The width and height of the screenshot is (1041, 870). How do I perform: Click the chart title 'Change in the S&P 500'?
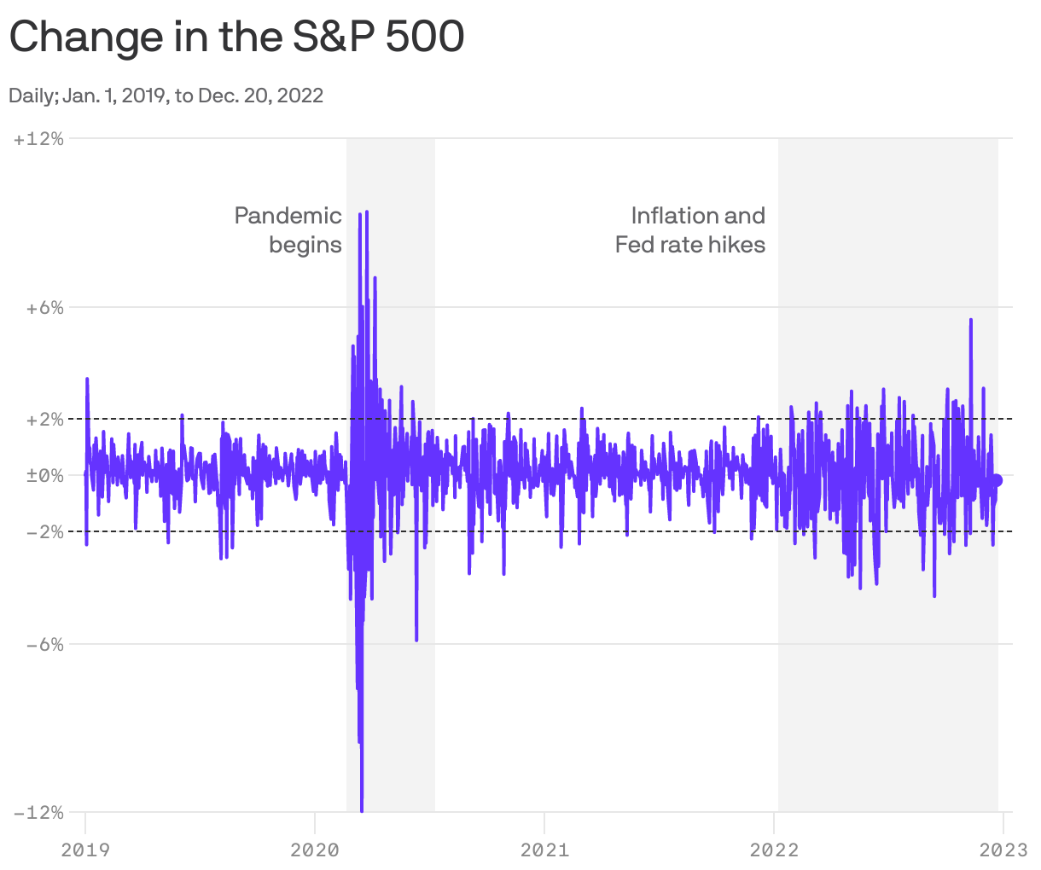[x=236, y=38]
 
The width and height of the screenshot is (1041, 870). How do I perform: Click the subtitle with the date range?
[x=166, y=96]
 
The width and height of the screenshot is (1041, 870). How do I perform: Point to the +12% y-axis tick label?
[x=39, y=138]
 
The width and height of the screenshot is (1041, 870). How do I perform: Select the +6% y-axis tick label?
[x=44, y=307]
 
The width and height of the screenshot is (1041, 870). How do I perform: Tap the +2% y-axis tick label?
[x=44, y=420]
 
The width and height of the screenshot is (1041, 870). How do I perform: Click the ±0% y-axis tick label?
[x=44, y=476]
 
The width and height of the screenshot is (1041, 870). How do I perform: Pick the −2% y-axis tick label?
[x=44, y=532]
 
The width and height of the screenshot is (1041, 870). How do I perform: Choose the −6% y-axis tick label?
[x=44, y=645]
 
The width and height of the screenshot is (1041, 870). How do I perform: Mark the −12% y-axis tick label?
[x=39, y=813]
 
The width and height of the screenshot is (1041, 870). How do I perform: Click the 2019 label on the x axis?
[x=85, y=850]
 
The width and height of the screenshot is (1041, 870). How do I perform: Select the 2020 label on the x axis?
[x=315, y=850]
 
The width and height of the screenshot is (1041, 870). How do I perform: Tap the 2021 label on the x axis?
[x=544, y=850]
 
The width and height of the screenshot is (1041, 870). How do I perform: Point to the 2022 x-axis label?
[x=774, y=850]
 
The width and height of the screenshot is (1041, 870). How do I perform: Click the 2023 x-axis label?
[x=1003, y=850]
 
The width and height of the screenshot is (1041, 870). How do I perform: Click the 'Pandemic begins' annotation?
[x=288, y=230]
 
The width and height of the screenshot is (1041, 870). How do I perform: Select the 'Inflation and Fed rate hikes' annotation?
[x=690, y=230]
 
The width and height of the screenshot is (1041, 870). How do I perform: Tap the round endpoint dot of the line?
[x=997, y=480]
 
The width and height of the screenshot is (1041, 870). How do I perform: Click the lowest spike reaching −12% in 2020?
[x=362, y=808]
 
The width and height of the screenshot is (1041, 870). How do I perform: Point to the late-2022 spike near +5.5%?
[x=971, y=321]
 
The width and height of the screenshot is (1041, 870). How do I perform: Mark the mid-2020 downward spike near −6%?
[x=416, y=639]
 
